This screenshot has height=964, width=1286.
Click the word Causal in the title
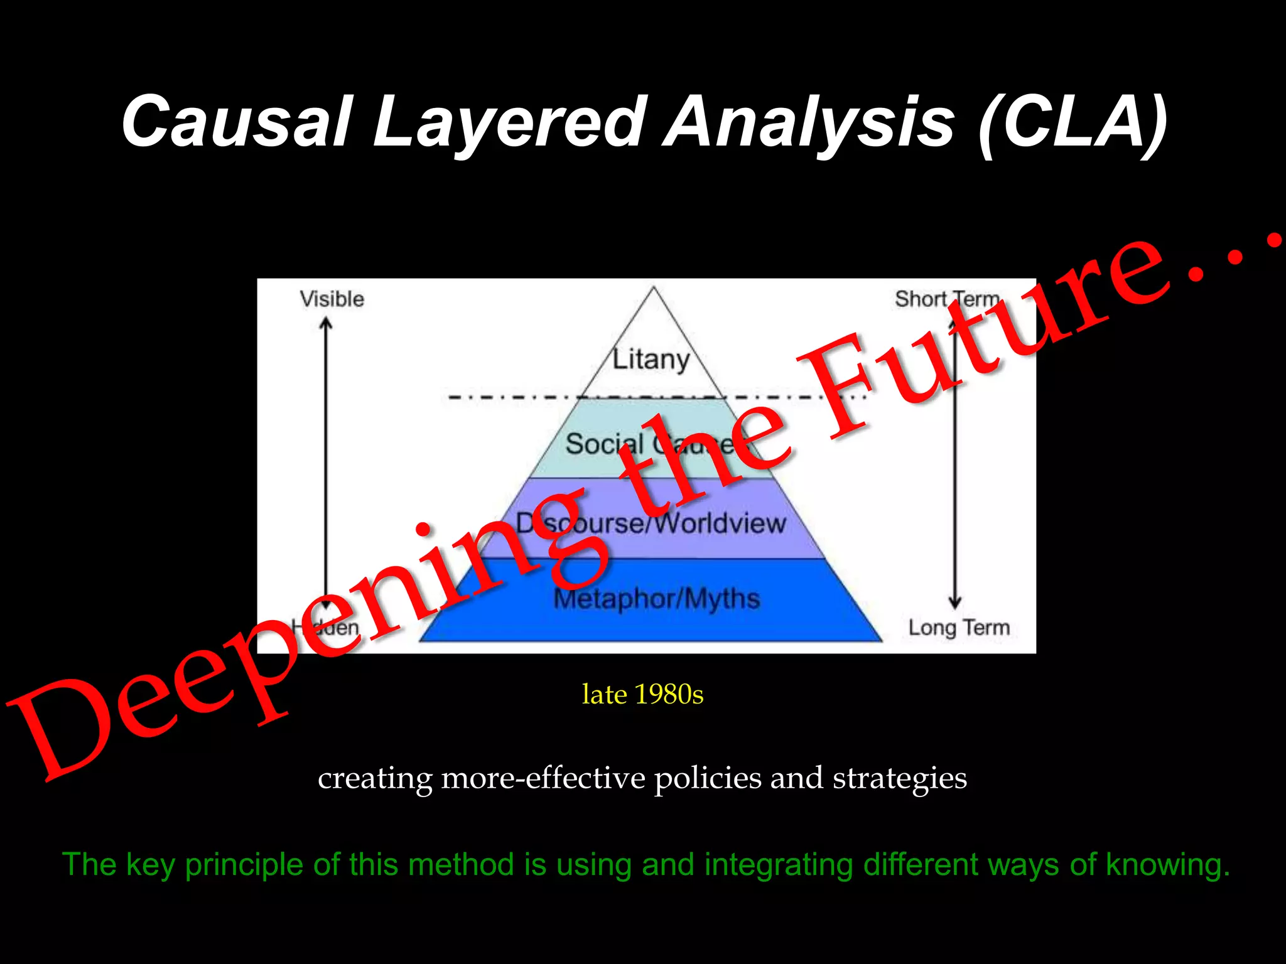(235, 120)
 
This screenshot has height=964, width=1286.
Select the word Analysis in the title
(810, 120)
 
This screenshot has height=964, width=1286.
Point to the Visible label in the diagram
(332, 299)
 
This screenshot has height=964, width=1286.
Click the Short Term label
(946, 299)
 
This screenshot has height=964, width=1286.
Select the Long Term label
(959, 627)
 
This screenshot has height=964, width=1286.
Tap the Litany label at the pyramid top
(651, 359)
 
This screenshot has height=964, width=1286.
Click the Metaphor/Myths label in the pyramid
(656, 598)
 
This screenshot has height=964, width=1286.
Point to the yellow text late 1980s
(642, 694)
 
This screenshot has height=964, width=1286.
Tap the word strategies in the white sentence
(899, 778)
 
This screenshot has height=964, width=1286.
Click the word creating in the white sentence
(375, 778)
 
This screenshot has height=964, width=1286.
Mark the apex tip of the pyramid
(654, 287)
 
